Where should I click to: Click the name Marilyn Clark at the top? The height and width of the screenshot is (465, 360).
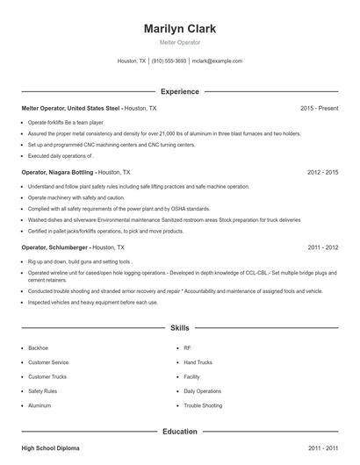[179, 28]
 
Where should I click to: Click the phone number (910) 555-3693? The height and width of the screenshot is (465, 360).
[169, 61]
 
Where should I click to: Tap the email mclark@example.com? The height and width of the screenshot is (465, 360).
[217, 61]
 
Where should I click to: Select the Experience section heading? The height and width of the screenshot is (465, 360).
[179, 91]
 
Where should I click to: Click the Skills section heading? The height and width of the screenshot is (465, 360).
[179, 327]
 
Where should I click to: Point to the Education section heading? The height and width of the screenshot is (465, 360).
[179, 432]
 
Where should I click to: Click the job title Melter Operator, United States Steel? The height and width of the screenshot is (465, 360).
[71, 108]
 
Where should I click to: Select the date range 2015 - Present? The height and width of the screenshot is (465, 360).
[319, 108]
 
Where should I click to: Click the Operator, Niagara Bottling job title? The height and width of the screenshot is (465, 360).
[57, 173]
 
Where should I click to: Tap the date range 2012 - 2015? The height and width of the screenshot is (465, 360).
[322, 173]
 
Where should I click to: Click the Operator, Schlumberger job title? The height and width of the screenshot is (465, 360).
[55, 247]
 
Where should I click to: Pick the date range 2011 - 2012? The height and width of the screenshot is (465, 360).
[322, 247]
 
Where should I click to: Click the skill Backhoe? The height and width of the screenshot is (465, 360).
[40, 347]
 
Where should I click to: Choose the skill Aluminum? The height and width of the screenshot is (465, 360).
[40, 406]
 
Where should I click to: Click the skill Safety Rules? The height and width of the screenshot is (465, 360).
[43, 391]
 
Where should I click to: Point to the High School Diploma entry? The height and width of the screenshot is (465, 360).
[50, 448]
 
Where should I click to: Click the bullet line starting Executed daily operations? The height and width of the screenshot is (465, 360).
[61, 154]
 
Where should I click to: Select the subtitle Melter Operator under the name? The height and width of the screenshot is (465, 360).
[179, 42]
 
